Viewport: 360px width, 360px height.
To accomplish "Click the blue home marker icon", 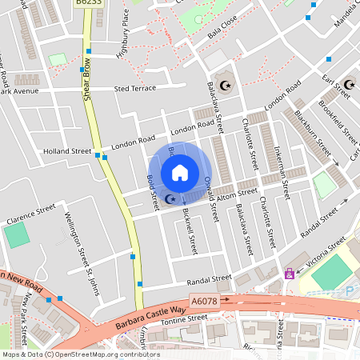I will point(180,172).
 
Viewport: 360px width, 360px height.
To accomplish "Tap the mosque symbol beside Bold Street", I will point(169,198).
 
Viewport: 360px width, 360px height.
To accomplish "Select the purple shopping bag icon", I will point(289,274).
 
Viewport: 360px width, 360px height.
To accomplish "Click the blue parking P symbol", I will point(350,291).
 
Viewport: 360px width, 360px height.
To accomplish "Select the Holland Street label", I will point(67,150).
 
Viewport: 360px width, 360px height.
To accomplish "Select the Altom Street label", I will point(237,193).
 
